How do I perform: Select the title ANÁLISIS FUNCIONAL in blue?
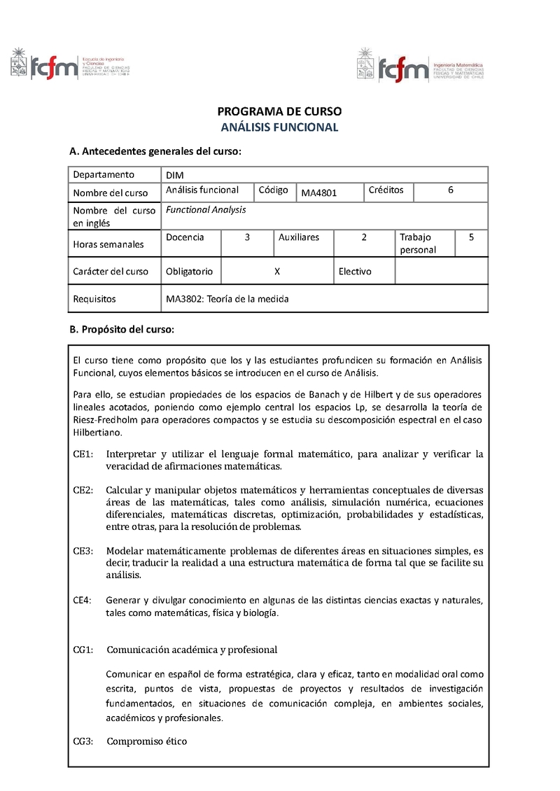point(279,127)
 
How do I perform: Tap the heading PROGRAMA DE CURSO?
point(279,111)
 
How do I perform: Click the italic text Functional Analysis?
point(206,209)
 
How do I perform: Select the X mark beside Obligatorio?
point(278,272)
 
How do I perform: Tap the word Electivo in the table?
point(355,272)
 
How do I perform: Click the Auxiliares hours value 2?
point(364,237)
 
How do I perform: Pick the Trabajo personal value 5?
point(472,237)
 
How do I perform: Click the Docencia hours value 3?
point(247,237)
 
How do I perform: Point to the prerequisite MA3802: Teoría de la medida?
point(227,299)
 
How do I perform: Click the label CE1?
point(83,454)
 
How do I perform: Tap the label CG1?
point(83,650)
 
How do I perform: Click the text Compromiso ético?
point(146,741)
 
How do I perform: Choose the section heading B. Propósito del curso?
point(121,329)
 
